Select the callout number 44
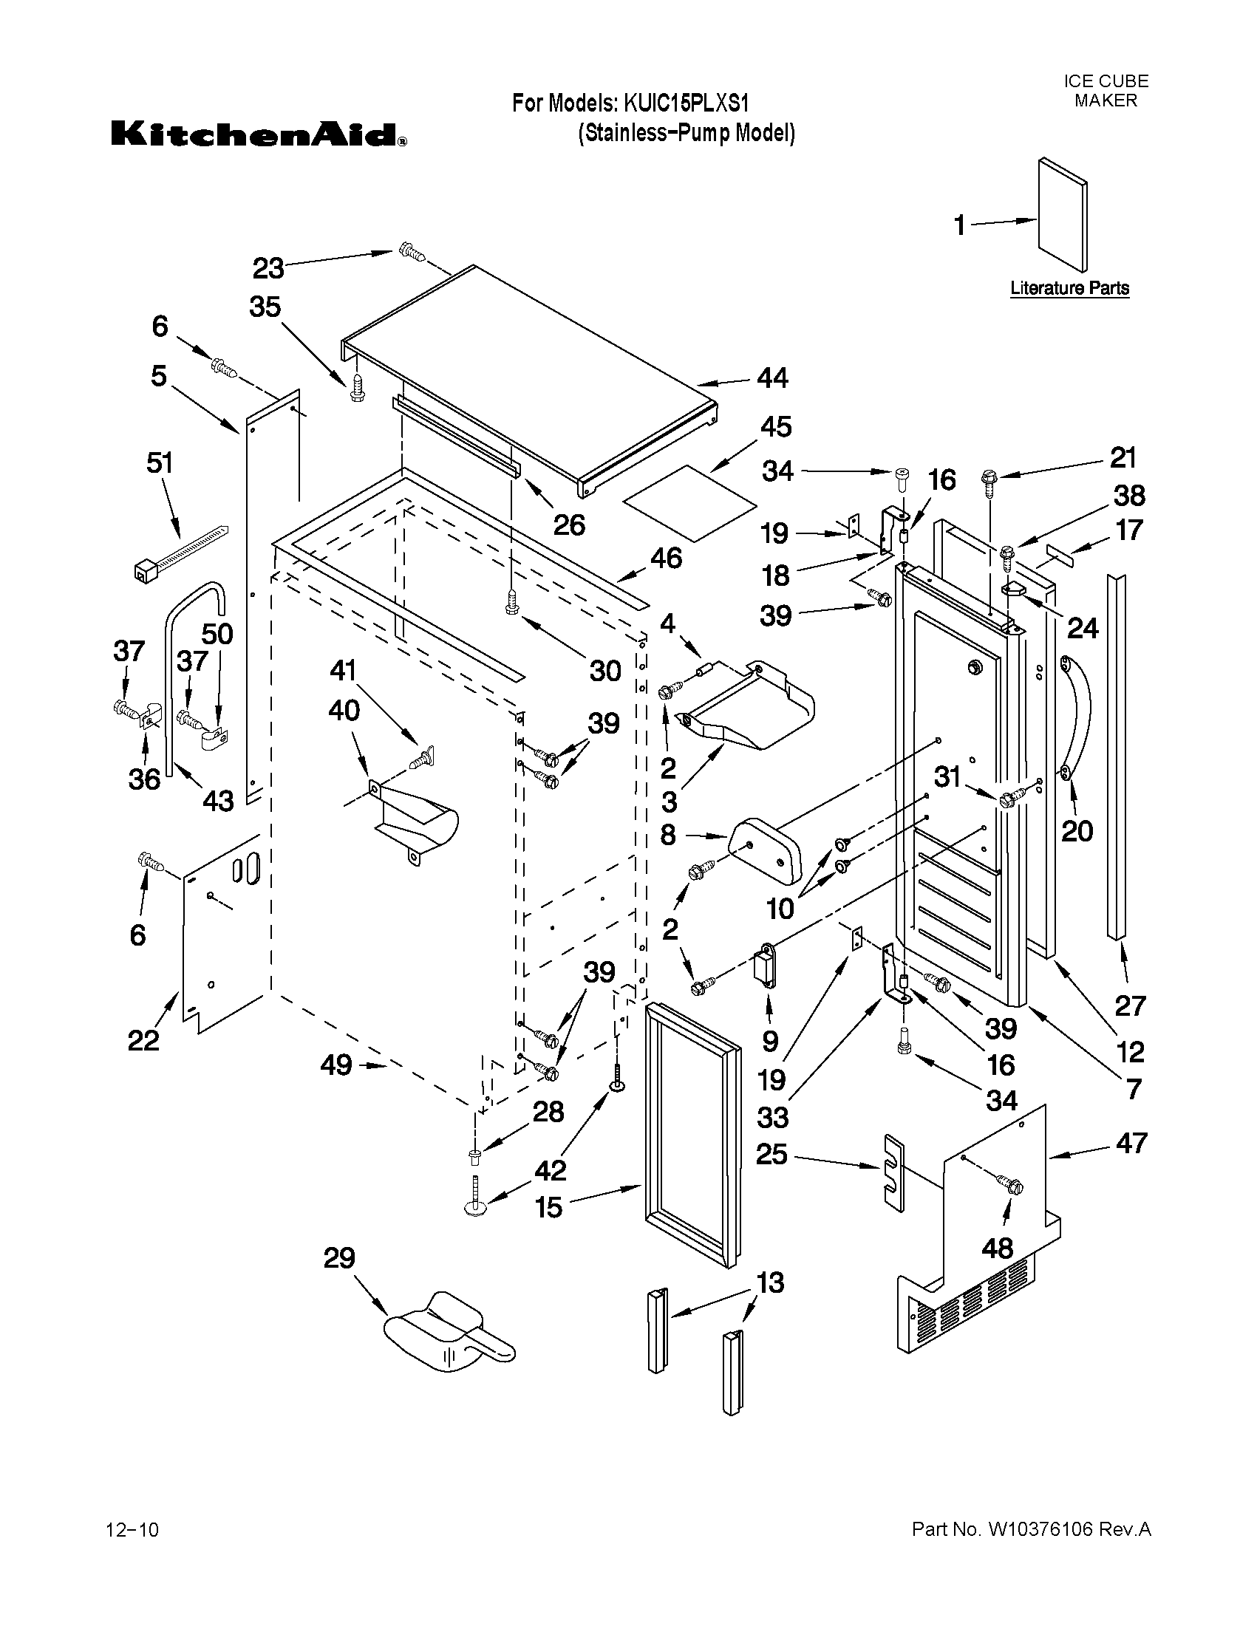coord(772,378)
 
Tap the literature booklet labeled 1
coord(1061,215)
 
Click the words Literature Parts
coord(1069,289)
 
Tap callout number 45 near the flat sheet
coord(775,427)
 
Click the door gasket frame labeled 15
coord(692,1135)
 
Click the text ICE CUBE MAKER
coord(1105,91)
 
